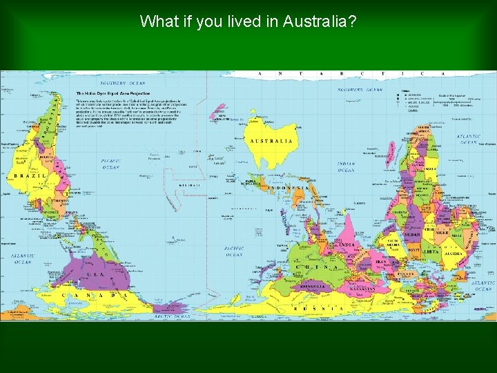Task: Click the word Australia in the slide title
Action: click(318, 21)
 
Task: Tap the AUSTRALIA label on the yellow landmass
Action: click(271, 141)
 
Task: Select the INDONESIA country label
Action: click(288, 188)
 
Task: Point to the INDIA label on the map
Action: click(347, 245)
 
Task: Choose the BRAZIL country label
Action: click(26, 176)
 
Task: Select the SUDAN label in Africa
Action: click(413, 235)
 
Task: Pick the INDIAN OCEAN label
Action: click(346, 166)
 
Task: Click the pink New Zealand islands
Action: click(220, 111)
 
